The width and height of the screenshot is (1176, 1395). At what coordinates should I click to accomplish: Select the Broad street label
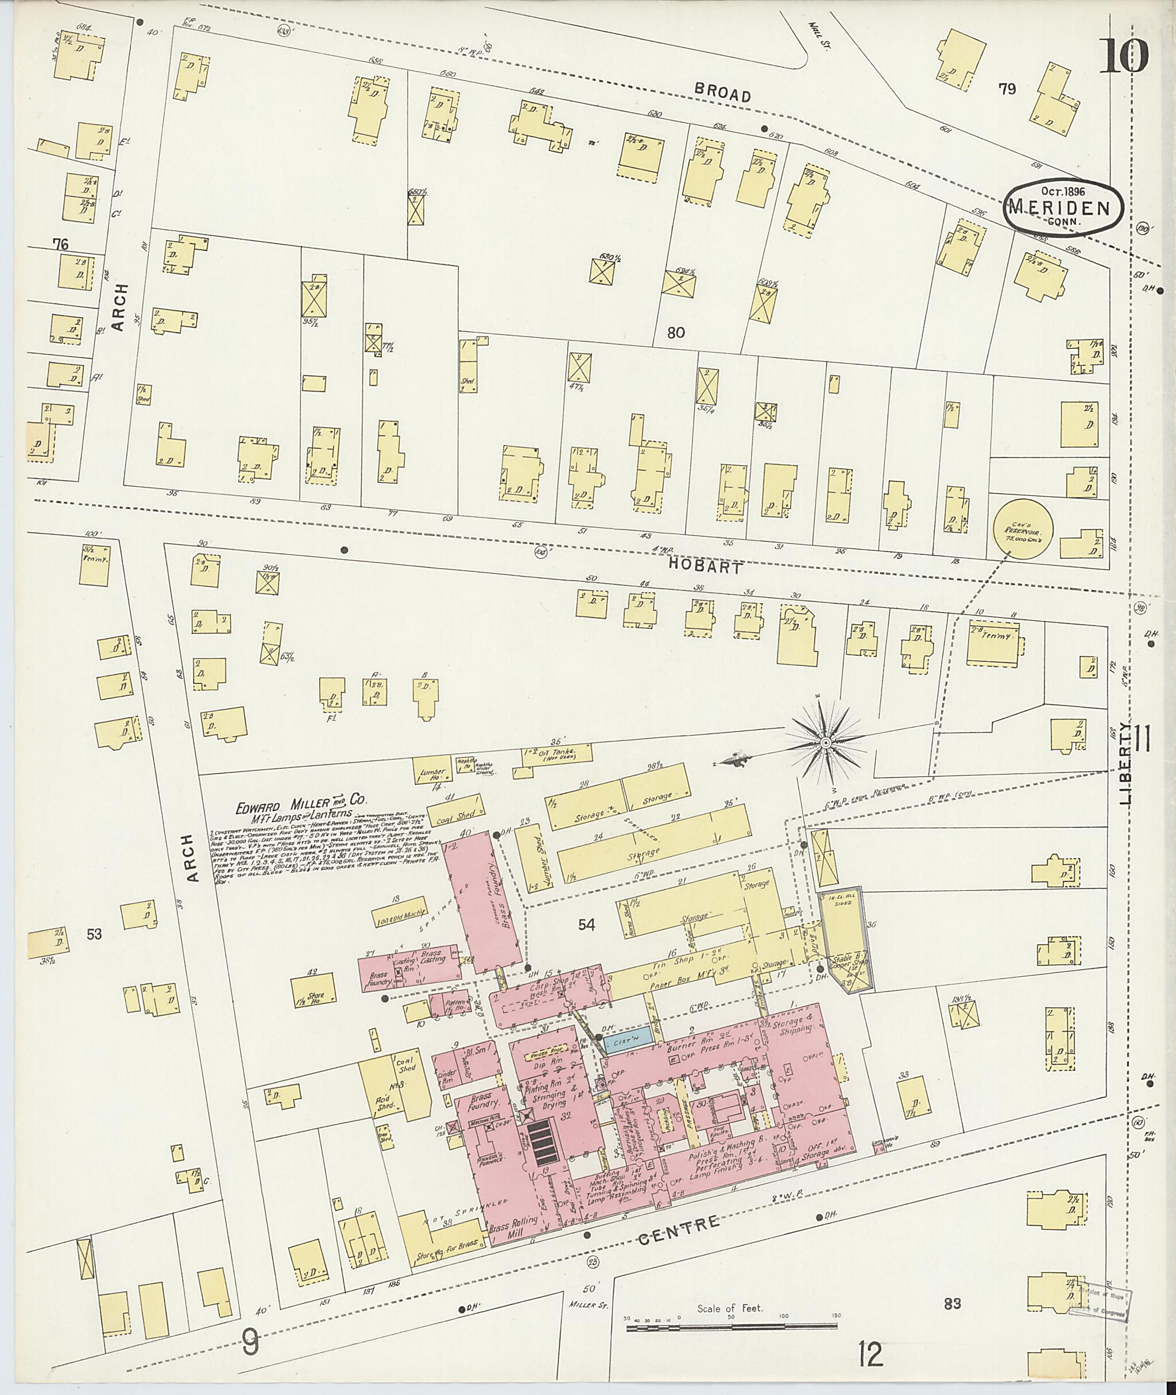click(x=723, y=92)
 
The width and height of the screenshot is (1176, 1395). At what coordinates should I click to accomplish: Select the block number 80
click(x=675, y=333)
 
